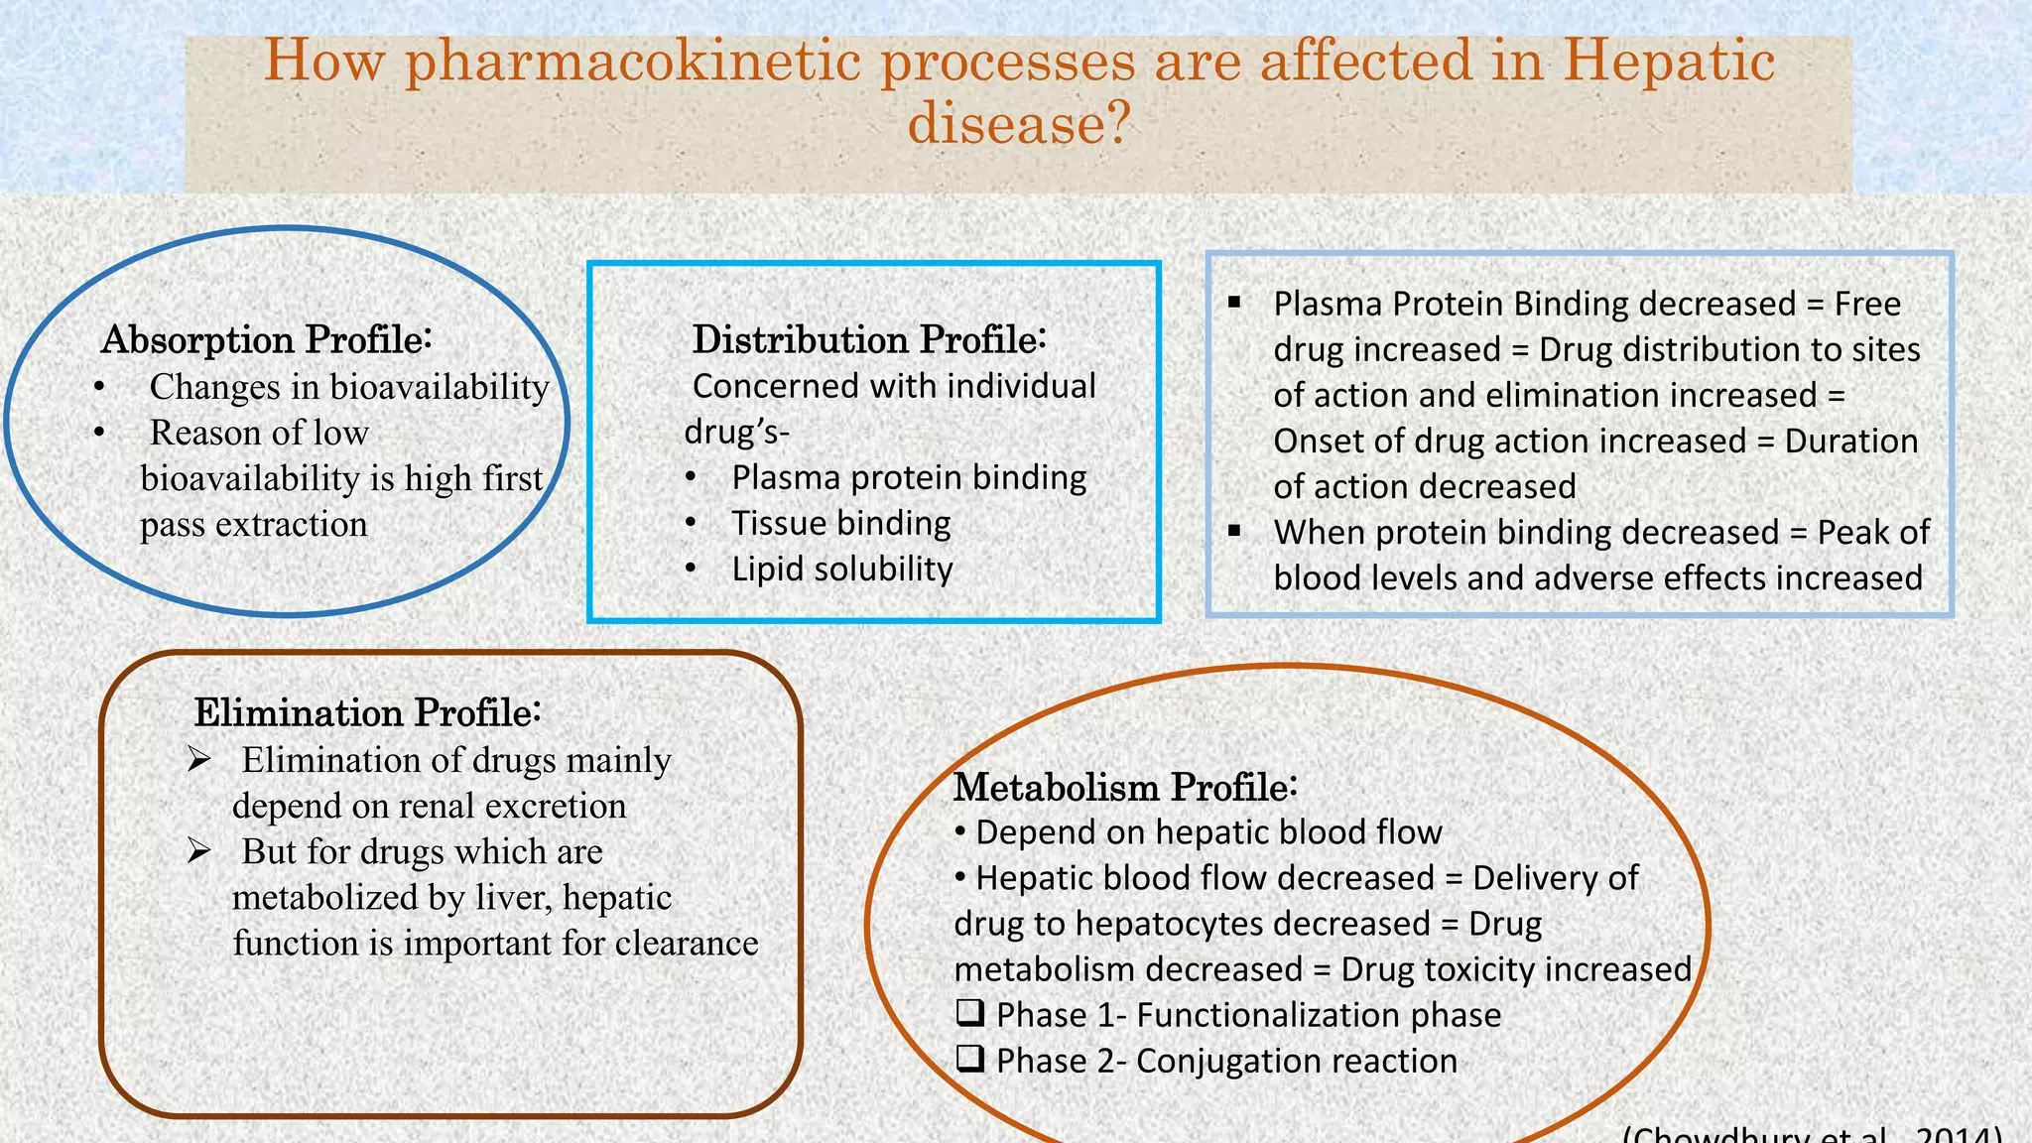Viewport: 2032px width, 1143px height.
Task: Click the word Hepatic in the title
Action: pos(1669,62)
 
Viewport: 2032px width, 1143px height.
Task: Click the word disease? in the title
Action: pos(1019,124)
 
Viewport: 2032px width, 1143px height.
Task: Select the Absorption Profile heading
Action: pos(266,339)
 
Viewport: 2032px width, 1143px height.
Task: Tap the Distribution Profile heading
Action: pos(869,339)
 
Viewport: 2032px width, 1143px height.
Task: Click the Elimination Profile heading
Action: pos(367,712)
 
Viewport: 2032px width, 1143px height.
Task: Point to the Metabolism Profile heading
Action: pos(1125,787)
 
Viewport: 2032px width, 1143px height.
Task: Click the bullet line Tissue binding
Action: pos(840,523)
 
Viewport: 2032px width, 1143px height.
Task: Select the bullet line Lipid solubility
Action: pos(841,569)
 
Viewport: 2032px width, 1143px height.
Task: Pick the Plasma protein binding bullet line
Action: pos(908,477)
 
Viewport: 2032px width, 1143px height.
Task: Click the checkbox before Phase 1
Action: pos(970,1013)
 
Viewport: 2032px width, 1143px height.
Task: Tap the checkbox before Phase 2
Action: pos(970,1059)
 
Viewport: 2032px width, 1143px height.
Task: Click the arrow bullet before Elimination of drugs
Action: pos(198,760)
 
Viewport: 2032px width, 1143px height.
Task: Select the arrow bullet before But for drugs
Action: pos(198,851)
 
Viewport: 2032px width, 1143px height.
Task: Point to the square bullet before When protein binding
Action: pos(1234,532)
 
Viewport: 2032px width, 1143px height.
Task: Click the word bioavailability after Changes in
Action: pos(439,387)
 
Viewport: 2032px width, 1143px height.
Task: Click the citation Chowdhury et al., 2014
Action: pos(1811,1134)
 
